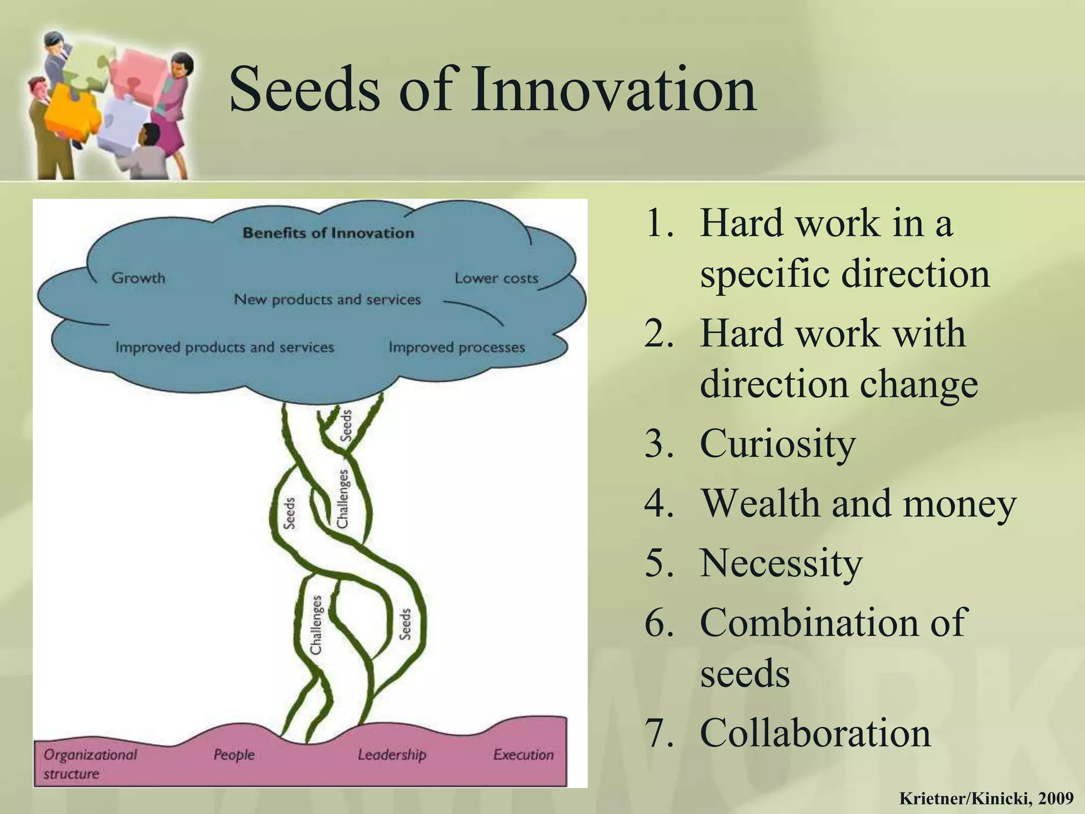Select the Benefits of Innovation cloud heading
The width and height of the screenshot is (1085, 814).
(328, 233)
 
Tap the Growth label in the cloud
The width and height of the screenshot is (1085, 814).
(138, 278)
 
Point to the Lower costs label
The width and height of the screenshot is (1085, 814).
(496, 278)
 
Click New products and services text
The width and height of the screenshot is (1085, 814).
(327, 300)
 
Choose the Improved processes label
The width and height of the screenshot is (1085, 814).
(457, 348)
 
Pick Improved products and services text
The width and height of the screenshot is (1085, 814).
(225, 348)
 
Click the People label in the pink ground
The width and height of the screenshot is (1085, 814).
(234, 755)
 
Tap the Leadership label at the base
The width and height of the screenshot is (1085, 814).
(392, 755)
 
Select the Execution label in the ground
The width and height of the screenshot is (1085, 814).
(523, 755)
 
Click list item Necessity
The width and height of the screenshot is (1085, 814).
(781, 562)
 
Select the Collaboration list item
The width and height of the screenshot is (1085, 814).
(815, 733)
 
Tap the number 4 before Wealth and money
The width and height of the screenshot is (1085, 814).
(659, 503)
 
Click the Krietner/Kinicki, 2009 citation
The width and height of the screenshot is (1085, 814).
(986, 798)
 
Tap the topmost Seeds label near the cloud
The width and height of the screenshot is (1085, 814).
(345, 426)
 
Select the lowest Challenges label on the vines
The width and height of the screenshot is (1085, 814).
(316, 625)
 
